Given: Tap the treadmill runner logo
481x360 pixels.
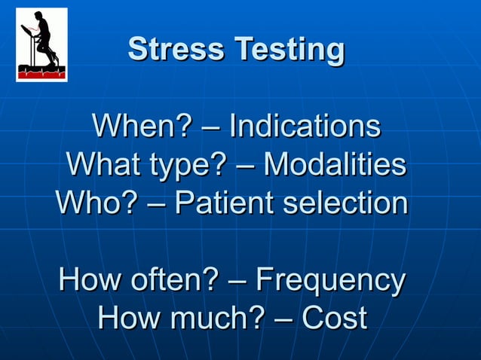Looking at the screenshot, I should (x=42, y=44).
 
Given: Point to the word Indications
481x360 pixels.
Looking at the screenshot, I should (x=304, y=127).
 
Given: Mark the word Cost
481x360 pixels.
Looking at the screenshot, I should (x=334, y=319).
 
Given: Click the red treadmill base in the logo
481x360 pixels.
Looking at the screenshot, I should (x=42, y=72).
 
